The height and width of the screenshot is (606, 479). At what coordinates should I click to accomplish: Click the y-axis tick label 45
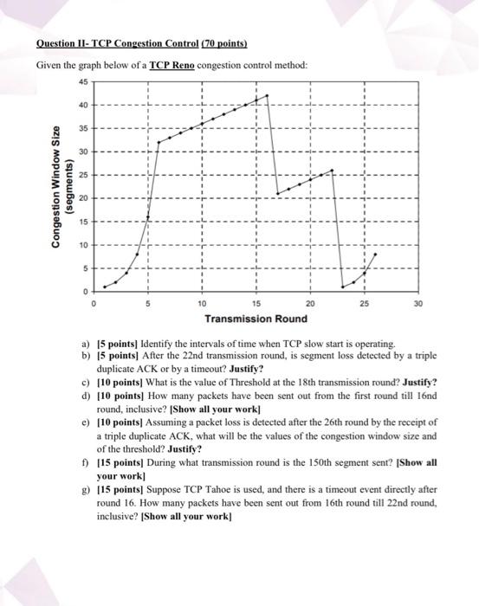click(82, 83)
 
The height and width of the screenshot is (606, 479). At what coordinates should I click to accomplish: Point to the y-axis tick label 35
click(82, 129)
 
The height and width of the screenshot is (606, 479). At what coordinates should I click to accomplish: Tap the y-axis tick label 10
click(82, 245)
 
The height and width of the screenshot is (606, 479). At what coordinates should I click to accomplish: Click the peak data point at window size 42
click(268, 95)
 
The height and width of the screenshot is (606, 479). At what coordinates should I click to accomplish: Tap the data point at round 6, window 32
click(159, 142)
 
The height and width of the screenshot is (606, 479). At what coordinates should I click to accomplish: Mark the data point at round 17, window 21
click(278, 193)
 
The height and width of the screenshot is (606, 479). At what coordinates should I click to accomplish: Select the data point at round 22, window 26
click(333, 171)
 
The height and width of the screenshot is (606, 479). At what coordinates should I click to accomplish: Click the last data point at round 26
click(375, 255)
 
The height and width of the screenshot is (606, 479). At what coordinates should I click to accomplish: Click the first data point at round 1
click(105, 286)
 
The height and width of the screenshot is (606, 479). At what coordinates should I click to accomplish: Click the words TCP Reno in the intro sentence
click(173, 66)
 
